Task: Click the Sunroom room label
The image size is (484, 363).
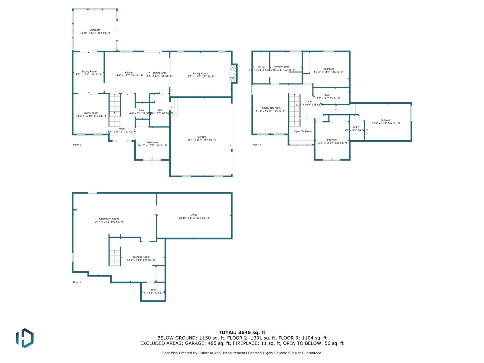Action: pos(95,30)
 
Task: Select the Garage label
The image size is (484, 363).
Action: pos(201,137)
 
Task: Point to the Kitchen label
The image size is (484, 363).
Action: pos(129,73)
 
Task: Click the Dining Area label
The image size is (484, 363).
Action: pos(160,73)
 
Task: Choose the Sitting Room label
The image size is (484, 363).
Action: pos(89,72)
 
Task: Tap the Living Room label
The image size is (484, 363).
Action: pos(91,113)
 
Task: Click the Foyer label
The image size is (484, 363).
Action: pos(122,129)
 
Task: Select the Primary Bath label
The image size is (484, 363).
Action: pos(281,67)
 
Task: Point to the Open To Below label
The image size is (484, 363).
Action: pos(303,132)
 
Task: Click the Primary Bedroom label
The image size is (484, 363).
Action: pos(271,108)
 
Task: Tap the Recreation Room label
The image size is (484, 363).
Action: pos(109,219)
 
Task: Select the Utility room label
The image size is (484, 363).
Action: pos(194,215)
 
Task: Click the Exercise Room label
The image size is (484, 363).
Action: pos(141,257)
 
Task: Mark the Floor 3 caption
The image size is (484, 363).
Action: pos(257,145)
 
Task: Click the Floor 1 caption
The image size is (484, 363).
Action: pos(77,282)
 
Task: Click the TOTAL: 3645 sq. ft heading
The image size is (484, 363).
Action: pos(242,332)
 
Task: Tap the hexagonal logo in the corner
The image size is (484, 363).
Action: pos(25,338)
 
